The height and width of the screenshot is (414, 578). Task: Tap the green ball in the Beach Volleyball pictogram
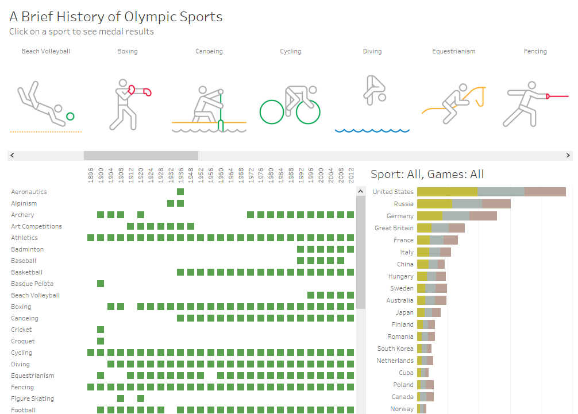[70, 117]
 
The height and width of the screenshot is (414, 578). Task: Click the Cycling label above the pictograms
[291, 51]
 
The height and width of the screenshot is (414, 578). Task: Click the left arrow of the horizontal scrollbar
[12, 156]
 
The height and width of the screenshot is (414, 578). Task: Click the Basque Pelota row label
[32, 284]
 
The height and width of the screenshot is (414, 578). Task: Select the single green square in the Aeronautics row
[180, 192]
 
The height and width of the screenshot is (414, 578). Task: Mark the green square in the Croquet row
[101, 341]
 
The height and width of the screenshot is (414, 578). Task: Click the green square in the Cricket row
[101, 330]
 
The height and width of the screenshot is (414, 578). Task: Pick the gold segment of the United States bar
[447, 192]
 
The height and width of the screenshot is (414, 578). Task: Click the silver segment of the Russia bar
[467, 204]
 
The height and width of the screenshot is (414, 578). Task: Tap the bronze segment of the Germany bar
[483, 216]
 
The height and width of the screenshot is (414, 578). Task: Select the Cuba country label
[406, 373]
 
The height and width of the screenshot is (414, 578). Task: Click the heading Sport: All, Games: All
[427, 174]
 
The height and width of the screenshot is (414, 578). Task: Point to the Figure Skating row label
[32, 398]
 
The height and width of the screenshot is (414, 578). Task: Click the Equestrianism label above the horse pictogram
[454, 51]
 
